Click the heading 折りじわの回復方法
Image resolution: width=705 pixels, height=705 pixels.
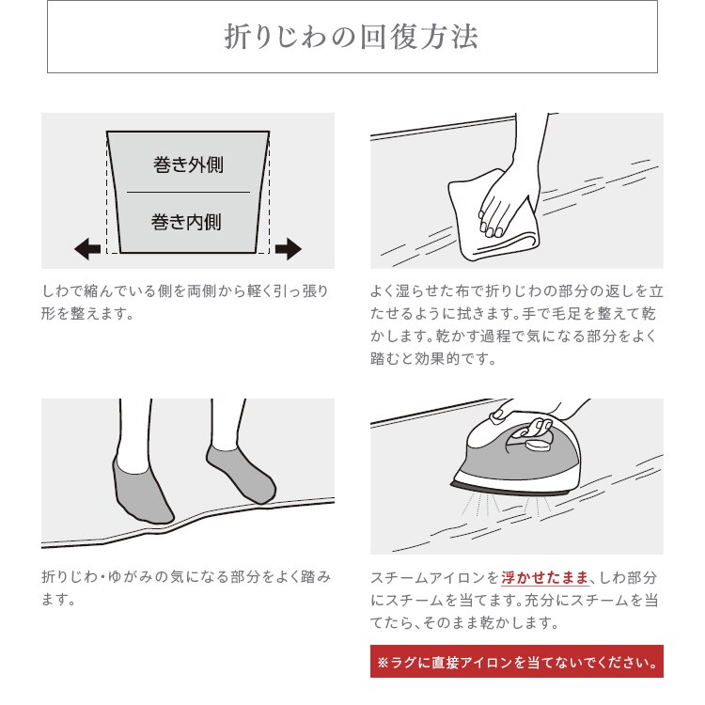pos(352,37)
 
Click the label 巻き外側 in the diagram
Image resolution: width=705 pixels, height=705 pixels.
pos(188,164)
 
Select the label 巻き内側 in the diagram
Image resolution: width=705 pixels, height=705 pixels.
pos(188,222)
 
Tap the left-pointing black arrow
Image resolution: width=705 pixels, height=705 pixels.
pos(87,249)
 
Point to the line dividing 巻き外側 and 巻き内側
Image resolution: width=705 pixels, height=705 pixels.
pos(188,193)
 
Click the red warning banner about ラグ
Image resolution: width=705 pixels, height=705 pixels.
pos(516,661)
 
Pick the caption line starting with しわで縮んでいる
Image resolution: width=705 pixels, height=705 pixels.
pos(186,291)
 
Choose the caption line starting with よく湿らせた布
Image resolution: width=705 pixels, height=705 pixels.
pos(517,291)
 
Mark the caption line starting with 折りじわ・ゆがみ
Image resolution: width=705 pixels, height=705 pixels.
pos(186,577)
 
